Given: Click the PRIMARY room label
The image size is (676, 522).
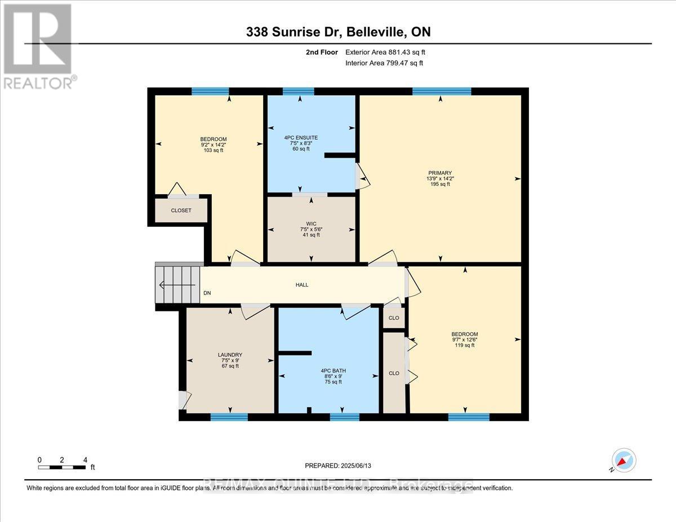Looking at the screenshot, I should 440,173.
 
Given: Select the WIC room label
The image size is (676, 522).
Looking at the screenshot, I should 310,223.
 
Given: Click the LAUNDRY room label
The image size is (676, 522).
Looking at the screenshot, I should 230,355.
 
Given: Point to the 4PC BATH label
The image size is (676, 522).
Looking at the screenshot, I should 329,370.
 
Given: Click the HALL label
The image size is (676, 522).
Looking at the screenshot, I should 302,285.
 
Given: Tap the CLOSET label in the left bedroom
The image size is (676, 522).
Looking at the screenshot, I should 181,211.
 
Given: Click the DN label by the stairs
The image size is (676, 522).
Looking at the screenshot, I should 207,293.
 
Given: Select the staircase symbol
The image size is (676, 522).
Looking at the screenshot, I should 178,285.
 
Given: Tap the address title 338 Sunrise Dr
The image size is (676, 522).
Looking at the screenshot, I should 338,33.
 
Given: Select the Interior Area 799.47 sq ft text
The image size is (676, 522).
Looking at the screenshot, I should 384,63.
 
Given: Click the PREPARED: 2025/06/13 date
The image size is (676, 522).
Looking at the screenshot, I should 339,466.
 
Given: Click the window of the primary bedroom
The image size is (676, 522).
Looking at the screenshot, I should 442,91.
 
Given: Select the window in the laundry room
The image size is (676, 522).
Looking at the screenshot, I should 229,417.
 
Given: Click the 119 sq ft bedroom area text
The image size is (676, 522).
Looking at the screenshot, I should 465,345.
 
